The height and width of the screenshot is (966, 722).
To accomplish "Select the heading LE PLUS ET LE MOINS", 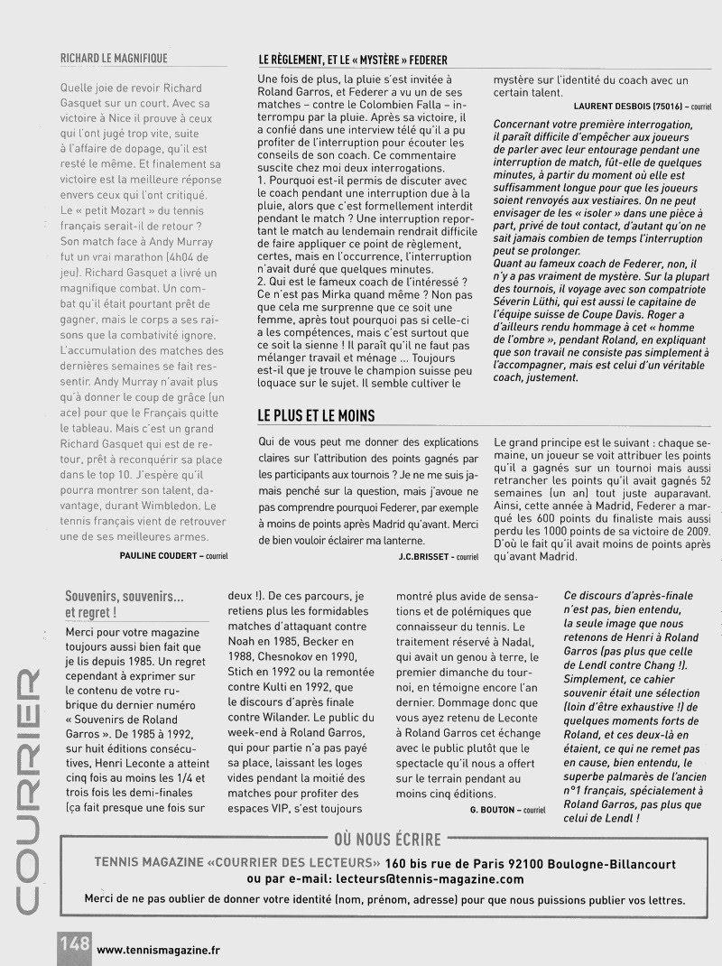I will coord(317,415).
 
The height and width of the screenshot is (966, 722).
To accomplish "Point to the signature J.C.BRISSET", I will coord(425,556).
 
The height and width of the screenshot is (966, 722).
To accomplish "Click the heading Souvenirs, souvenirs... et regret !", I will coord(125,605).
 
